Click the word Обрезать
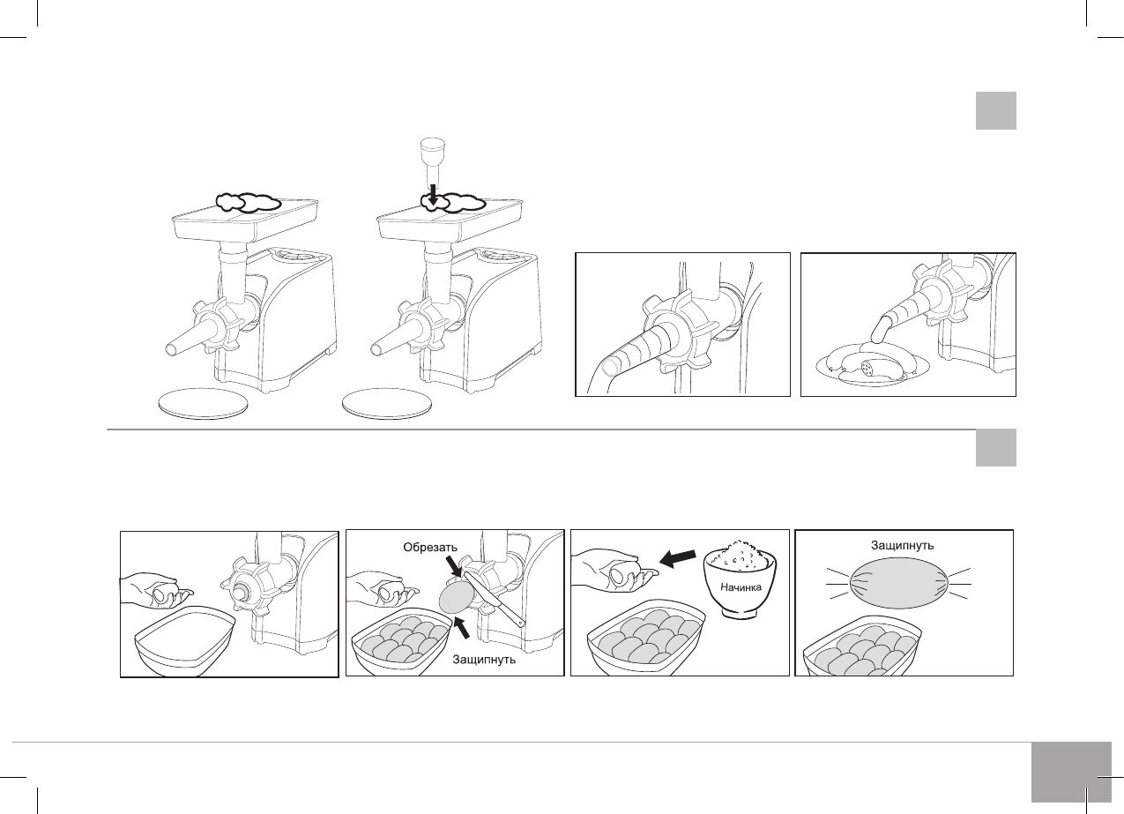tap(430, 547)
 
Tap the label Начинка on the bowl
tap(741, 586)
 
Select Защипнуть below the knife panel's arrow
tap(484, 659)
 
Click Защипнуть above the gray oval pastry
tap(902, 545)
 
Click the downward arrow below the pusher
tap(433, 196)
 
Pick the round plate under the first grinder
tap(204, 403)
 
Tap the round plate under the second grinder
tap(387, 404)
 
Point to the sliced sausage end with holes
tap(868, 369)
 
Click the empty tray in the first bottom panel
tap(184, 640)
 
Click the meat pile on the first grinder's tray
tap(248, 202)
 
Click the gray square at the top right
tap(996, 111)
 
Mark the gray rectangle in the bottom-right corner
tap(1071, 772)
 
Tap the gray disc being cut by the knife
tap(456, 597)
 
